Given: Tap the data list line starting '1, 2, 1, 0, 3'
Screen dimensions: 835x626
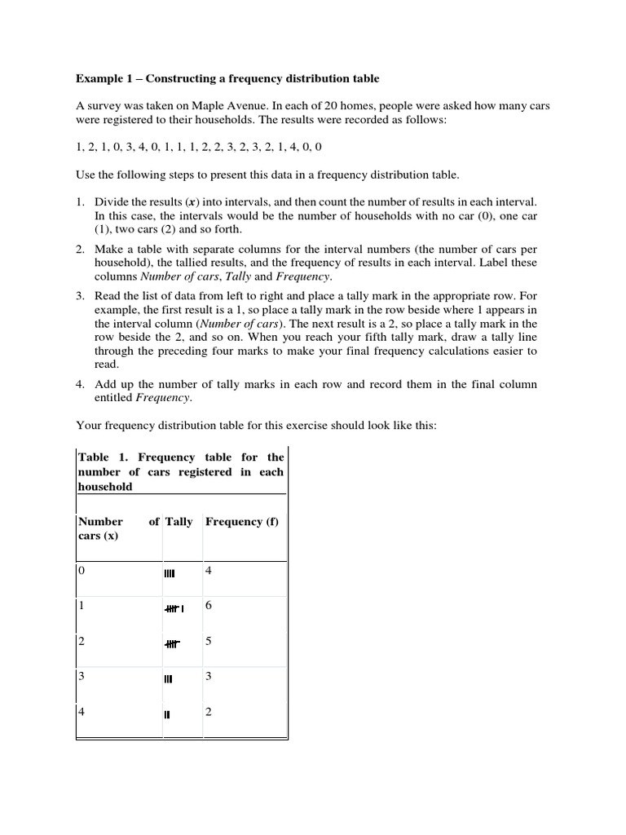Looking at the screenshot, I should click(198, 147).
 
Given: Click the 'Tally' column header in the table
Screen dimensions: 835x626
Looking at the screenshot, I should click(179, 522).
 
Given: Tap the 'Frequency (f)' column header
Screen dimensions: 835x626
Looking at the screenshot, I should click(241, 522).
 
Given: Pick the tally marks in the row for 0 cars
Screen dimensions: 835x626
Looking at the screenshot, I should click(175, 573).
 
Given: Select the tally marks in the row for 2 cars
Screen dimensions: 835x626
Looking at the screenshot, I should click(172, 644).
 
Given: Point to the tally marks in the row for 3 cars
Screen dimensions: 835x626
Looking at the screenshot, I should click(169, 678).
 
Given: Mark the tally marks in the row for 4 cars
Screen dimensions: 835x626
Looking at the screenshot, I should click(167, 714).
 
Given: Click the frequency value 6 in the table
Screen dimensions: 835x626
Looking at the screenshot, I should click(209, 607).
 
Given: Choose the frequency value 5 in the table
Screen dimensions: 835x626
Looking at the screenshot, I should click(209, 642).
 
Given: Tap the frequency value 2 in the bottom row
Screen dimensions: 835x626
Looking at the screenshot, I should click(209, 712).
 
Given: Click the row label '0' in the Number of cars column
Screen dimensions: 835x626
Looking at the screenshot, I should click(82, 571).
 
